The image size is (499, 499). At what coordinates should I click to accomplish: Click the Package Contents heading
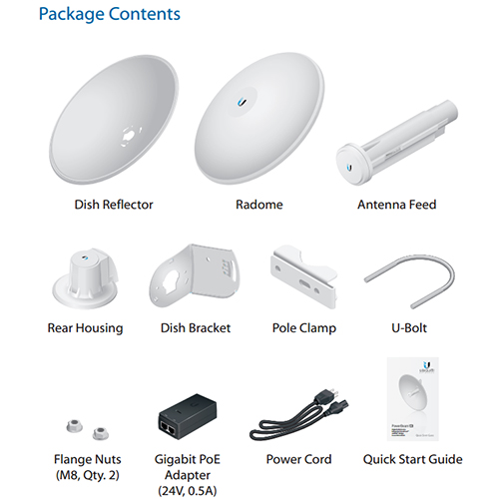point(110,14)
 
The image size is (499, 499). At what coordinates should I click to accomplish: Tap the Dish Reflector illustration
point(114,120)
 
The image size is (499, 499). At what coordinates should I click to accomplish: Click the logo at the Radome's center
point(243,102)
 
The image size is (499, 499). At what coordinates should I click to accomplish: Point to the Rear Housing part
point(86,278)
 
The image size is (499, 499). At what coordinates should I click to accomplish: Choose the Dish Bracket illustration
point(195,275)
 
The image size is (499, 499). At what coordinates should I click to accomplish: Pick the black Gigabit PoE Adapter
point(188,417)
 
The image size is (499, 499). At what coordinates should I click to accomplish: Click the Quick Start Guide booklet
point(413,399)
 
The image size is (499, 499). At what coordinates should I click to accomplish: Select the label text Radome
point(259,205)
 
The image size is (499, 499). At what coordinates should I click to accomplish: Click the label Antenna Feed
point(397,205)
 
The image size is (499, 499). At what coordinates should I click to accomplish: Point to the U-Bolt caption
point(409,328)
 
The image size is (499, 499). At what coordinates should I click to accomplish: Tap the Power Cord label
point(298,459)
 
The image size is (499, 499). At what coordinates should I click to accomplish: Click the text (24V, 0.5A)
point(188,490)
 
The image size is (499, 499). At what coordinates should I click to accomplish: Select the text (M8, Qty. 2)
point(87,475)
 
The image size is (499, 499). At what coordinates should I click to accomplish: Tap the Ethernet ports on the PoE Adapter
point(170,427)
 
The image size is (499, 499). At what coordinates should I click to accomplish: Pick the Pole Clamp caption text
point(304,328)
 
